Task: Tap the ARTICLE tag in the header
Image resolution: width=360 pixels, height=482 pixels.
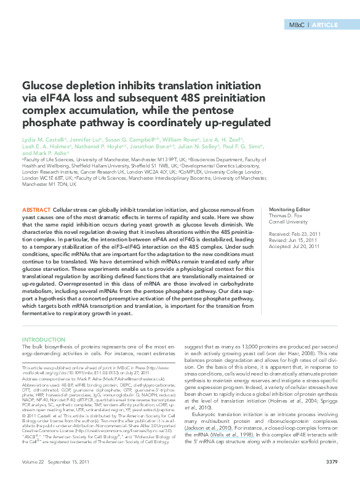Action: click(324, 25)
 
